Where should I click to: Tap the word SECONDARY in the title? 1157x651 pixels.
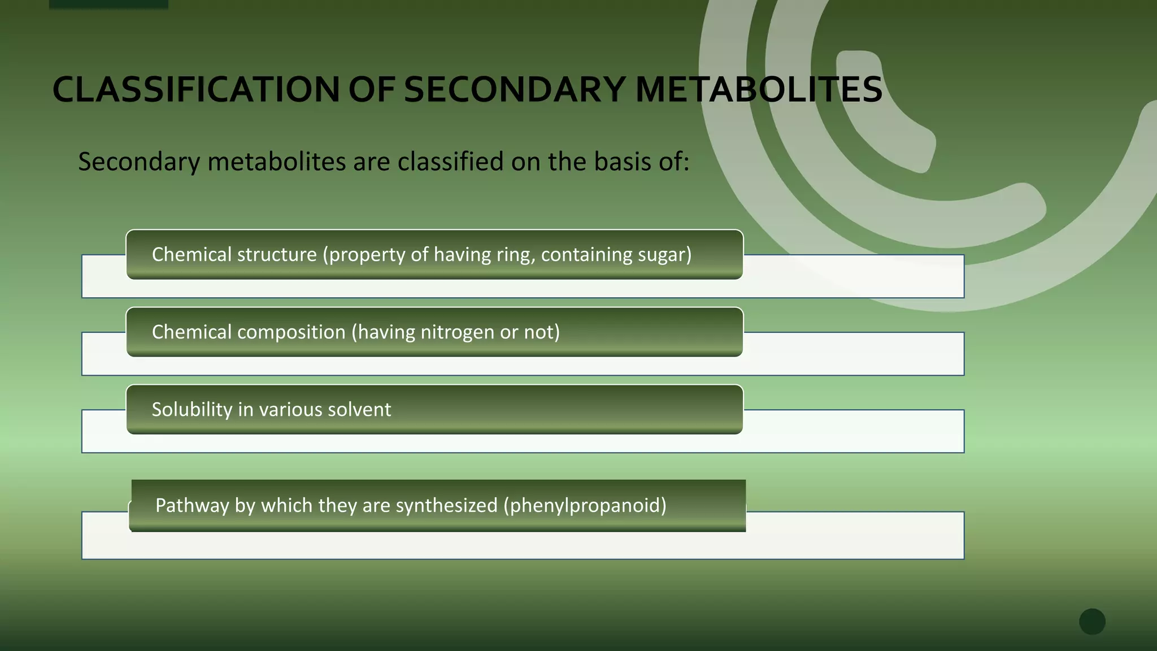515,90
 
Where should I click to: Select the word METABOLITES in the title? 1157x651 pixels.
758,90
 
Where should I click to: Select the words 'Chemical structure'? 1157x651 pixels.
234,255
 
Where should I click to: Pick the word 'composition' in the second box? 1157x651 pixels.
291,332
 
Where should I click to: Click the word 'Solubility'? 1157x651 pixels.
192,410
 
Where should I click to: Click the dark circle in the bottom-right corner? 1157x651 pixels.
1092,622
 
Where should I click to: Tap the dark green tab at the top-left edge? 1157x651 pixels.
108,4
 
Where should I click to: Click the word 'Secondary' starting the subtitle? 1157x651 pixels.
139,162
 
